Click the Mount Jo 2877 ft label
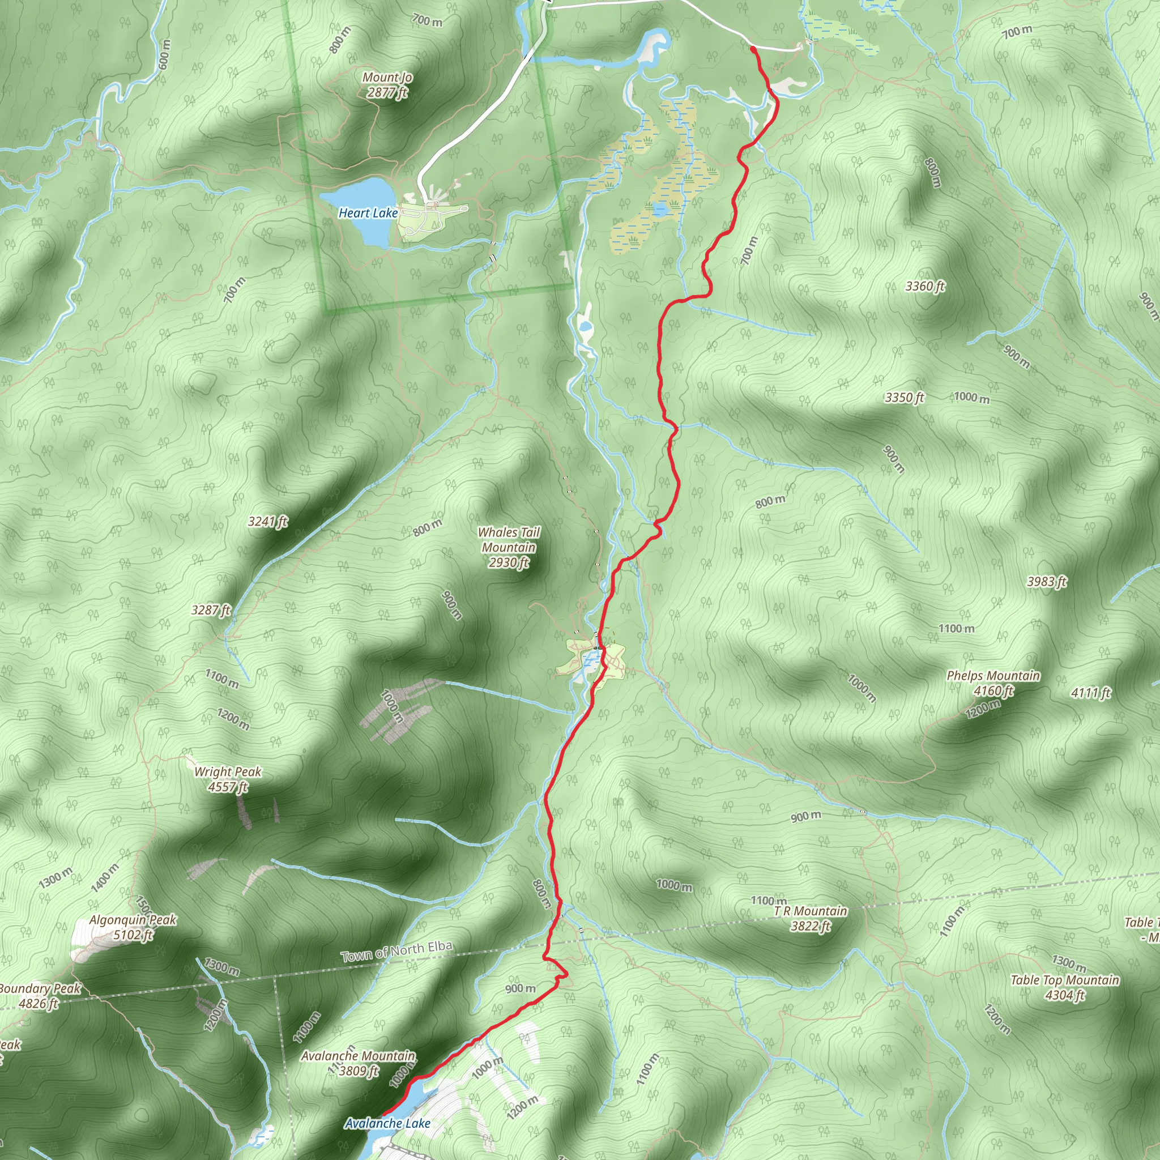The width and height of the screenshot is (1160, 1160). (387, 84)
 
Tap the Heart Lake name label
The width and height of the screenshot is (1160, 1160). (368, 213)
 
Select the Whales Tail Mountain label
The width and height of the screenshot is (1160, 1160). (509, 547)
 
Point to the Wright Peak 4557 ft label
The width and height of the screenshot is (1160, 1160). (228, 779)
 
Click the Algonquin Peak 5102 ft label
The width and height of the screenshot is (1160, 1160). (133, 927)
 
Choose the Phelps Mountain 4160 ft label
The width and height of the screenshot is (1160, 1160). (993, 683)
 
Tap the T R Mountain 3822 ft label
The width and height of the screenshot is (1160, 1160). (810, 919)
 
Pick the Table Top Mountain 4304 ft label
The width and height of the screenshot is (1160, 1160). (1064, 987)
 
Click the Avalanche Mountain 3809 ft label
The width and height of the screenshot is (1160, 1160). (358, 1063)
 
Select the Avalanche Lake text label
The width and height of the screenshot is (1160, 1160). (387, 1123)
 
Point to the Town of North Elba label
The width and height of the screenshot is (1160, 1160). (396, 952)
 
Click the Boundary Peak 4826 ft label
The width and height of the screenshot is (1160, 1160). (39, 996)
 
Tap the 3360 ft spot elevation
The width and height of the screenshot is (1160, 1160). (924, 287)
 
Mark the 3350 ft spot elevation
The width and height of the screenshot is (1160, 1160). (904, 398)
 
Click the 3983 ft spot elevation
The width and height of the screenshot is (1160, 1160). (1047, 581)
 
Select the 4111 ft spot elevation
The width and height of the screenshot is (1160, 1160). (1091, 693)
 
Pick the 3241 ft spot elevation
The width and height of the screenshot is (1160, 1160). (268, 521)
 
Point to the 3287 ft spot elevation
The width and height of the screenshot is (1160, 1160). (211, 610)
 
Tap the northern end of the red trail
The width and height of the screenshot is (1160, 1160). (753, 49)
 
